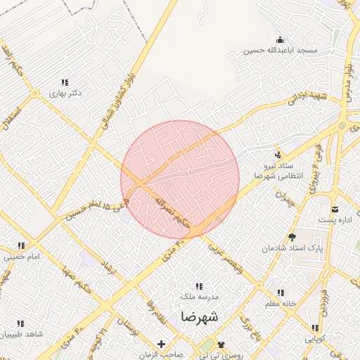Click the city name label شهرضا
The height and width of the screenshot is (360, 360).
coord(199,317)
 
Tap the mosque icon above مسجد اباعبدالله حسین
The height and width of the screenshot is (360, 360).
coord(280,39)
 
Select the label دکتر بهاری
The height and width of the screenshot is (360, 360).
coord(66,93)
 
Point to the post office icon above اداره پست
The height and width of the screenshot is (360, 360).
coord(335,209)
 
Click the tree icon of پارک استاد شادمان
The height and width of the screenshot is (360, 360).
coord(292,238)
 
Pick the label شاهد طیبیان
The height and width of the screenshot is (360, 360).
coord(18,335)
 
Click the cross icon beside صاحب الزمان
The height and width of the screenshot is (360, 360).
coord(162,344)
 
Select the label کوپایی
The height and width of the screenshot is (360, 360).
coord(314,338)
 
